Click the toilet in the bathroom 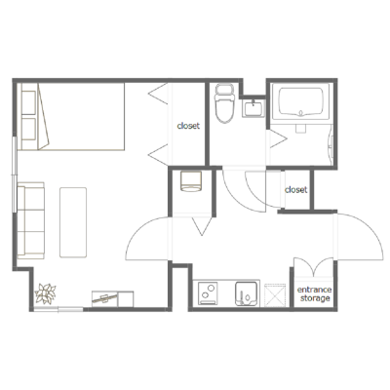point(224,104)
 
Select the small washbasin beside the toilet point(253,108)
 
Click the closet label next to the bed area point(188,126)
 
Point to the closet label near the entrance point(295,189)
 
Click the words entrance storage point(314,293)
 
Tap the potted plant point(46,293)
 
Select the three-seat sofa point(31,220)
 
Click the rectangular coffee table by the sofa point(73,222)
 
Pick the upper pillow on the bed point(28,102)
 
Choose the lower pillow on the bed point(28,129)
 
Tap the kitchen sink point(248,293)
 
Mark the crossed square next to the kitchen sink point(275,295)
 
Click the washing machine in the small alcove point(191,181)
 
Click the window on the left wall point(15,175)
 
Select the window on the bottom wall point(58,309)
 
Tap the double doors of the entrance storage point(314,266)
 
